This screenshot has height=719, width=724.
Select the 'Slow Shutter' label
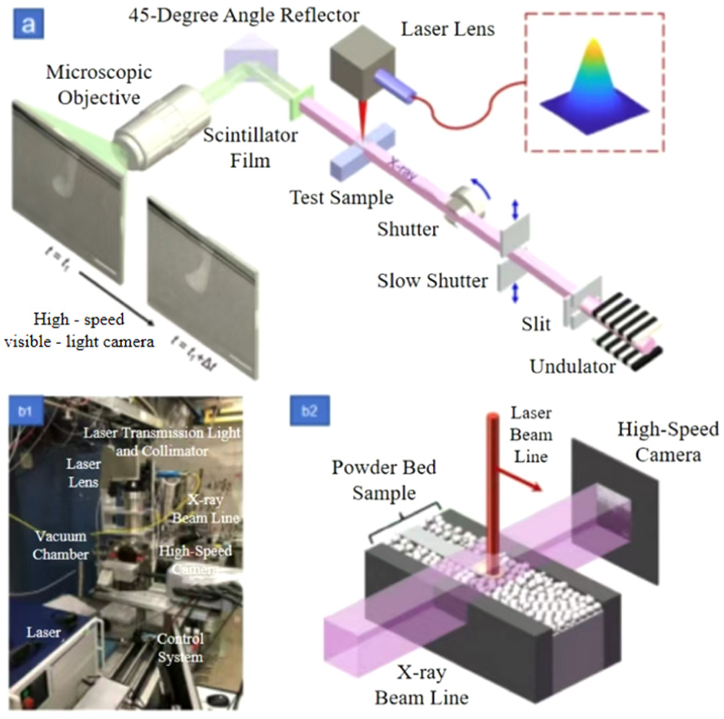click(432, 281)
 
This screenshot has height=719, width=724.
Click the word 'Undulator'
click(573, 366)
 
